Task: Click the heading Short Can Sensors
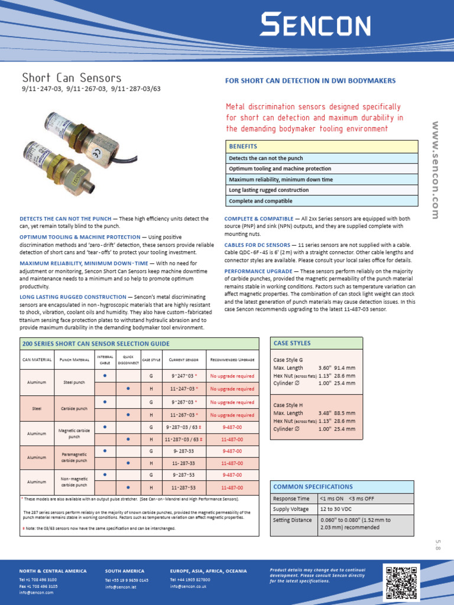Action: point(72,78)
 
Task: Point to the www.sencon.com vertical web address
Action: point(436,170)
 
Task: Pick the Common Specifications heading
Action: point(313,486)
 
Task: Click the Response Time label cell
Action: point(291,498)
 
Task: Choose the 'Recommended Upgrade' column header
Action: point(232,359)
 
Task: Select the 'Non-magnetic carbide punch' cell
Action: point(74,482)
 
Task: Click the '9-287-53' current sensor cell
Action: point(183,474)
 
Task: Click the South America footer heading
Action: point(124,571)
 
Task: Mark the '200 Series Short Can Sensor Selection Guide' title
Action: point(95,344)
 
